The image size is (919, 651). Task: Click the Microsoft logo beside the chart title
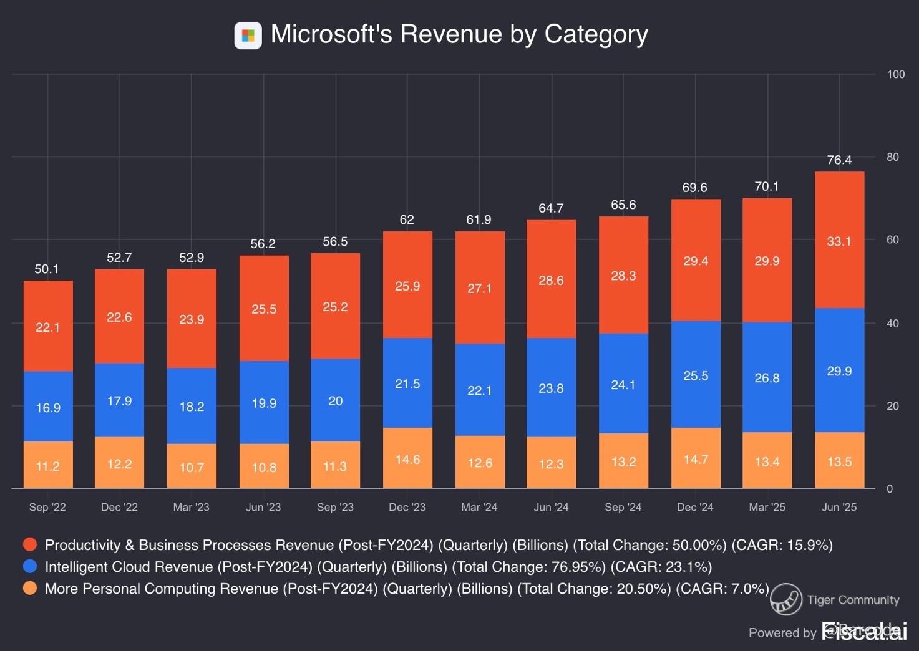coord(248,36)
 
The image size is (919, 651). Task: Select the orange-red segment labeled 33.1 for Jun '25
coord(839,241)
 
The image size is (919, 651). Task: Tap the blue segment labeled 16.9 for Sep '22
coord(48,407)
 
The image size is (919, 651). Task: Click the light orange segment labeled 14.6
coord(407,459)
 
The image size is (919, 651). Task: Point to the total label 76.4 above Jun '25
coord(839,160)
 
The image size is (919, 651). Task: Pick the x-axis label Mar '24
coord(479,507)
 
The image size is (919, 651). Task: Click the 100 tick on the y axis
coord(895,74)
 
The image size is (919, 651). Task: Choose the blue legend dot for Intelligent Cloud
coord(30,566)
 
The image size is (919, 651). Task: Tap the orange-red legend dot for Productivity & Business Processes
coord(30,544)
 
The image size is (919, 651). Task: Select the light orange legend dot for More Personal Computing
coord(30,588)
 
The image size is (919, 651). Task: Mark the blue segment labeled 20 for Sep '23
coord(335,400)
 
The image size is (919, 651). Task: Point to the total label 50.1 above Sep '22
coord(47,269)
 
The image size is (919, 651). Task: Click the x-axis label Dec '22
coord(119,507)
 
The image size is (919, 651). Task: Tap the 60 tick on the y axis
coord(893,240)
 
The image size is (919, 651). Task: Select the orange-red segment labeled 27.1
coord(479,288)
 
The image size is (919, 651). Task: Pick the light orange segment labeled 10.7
coord(192,466)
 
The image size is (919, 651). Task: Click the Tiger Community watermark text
coord(852,600)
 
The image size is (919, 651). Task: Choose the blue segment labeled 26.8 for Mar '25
coord(767,377)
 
